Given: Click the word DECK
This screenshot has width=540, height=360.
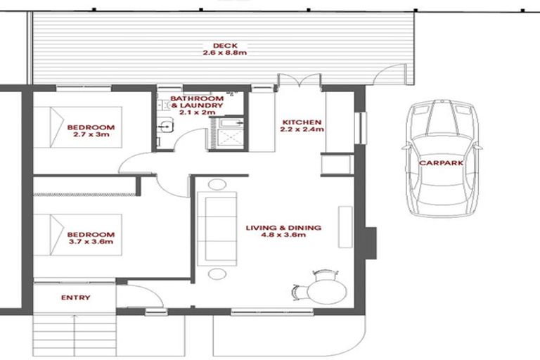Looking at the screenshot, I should point(220,46).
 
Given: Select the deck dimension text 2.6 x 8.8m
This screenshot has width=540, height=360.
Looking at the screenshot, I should point(220,53).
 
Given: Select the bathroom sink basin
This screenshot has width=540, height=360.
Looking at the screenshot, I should point(166,127).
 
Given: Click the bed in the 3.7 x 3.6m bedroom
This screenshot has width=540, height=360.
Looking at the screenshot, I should point(70,236).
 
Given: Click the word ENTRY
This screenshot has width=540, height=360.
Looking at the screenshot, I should point(75,297).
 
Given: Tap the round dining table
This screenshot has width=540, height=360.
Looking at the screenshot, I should point(328,289).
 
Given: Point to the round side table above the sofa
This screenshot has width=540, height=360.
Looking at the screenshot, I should point(217,186).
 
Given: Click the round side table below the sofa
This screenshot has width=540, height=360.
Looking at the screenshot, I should point(217,273).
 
